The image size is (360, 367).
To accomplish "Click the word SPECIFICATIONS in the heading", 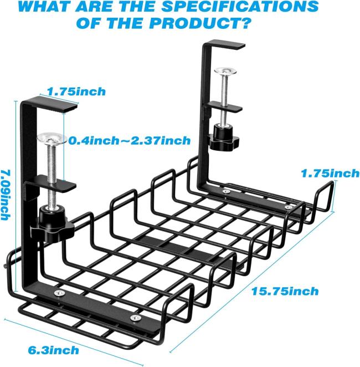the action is (x=240, y=6).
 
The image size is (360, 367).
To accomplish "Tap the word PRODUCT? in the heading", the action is (x=200, y=23).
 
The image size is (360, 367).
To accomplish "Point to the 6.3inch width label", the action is (x=54, y=350).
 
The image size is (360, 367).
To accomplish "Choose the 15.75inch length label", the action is (x=285, y=291).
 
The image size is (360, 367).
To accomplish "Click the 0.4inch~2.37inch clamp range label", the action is (x=130, y=141).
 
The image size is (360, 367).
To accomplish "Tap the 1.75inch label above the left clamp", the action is (x=76, y=91).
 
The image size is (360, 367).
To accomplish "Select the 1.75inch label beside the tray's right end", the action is (x=330, y=174).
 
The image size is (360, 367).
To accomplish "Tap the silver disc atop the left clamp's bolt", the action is (x=50, y=139).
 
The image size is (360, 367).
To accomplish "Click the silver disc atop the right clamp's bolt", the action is (x=225, y=71).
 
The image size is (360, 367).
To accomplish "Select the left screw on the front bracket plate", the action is (x=59, y=293).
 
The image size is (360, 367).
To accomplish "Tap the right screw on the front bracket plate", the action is (x=136, y=318).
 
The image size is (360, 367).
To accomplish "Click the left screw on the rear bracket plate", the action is (x=226, y=191).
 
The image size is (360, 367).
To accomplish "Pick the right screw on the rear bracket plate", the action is (x=289, y=207).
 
